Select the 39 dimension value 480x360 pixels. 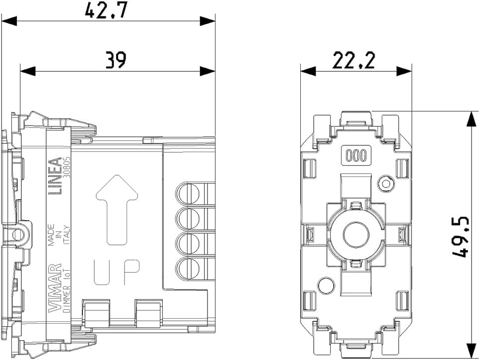116,60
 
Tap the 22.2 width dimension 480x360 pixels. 353,60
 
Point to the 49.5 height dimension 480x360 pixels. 461,237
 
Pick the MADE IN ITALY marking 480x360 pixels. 59,234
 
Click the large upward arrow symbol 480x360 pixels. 117,210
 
